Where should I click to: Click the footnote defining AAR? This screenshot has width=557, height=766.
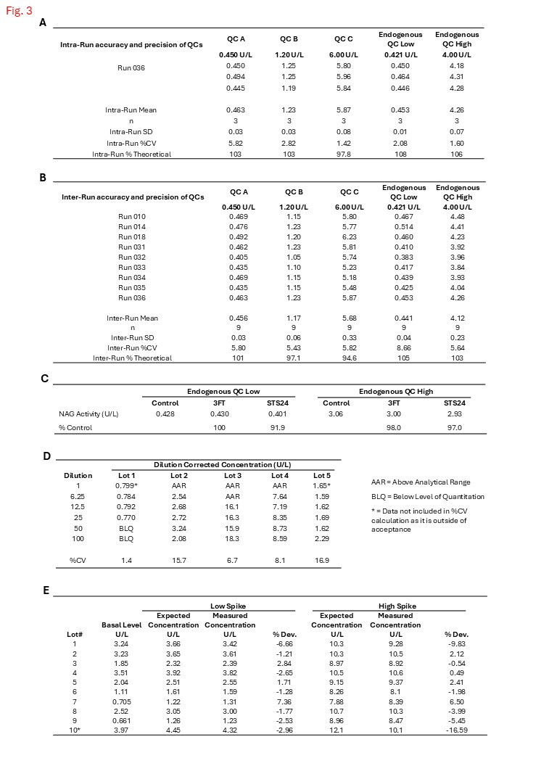(x=418, y=482)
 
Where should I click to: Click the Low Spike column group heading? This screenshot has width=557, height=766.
(x=226, y=606)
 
